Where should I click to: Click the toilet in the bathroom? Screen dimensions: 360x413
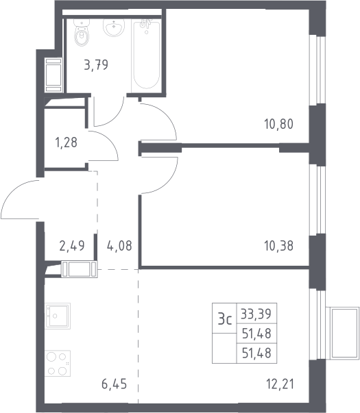point(82,32)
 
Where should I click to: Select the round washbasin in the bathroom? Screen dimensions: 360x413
point(114,27)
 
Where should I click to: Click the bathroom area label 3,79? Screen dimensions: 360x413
point(96,65)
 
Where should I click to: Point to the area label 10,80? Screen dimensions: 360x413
point(278,124)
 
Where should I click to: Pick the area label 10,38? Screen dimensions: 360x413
point(278,246)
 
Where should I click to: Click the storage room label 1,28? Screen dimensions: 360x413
point(66,142)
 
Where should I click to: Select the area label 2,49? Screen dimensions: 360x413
point(72,245)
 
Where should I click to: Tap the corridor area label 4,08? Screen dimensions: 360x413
point(119,246)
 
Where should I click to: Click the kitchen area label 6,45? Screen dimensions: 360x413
point(115,384)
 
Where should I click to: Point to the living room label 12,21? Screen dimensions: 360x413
point(280,384)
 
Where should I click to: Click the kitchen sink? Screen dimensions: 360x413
point(58,316)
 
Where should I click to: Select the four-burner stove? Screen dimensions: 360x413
point(58,363)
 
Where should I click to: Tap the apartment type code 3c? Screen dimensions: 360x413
point(225,319)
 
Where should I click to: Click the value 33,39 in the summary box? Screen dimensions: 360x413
point(256,314)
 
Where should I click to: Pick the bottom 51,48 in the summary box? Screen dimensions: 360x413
point(256,353)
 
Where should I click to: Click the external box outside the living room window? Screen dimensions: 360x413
point(343,333)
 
